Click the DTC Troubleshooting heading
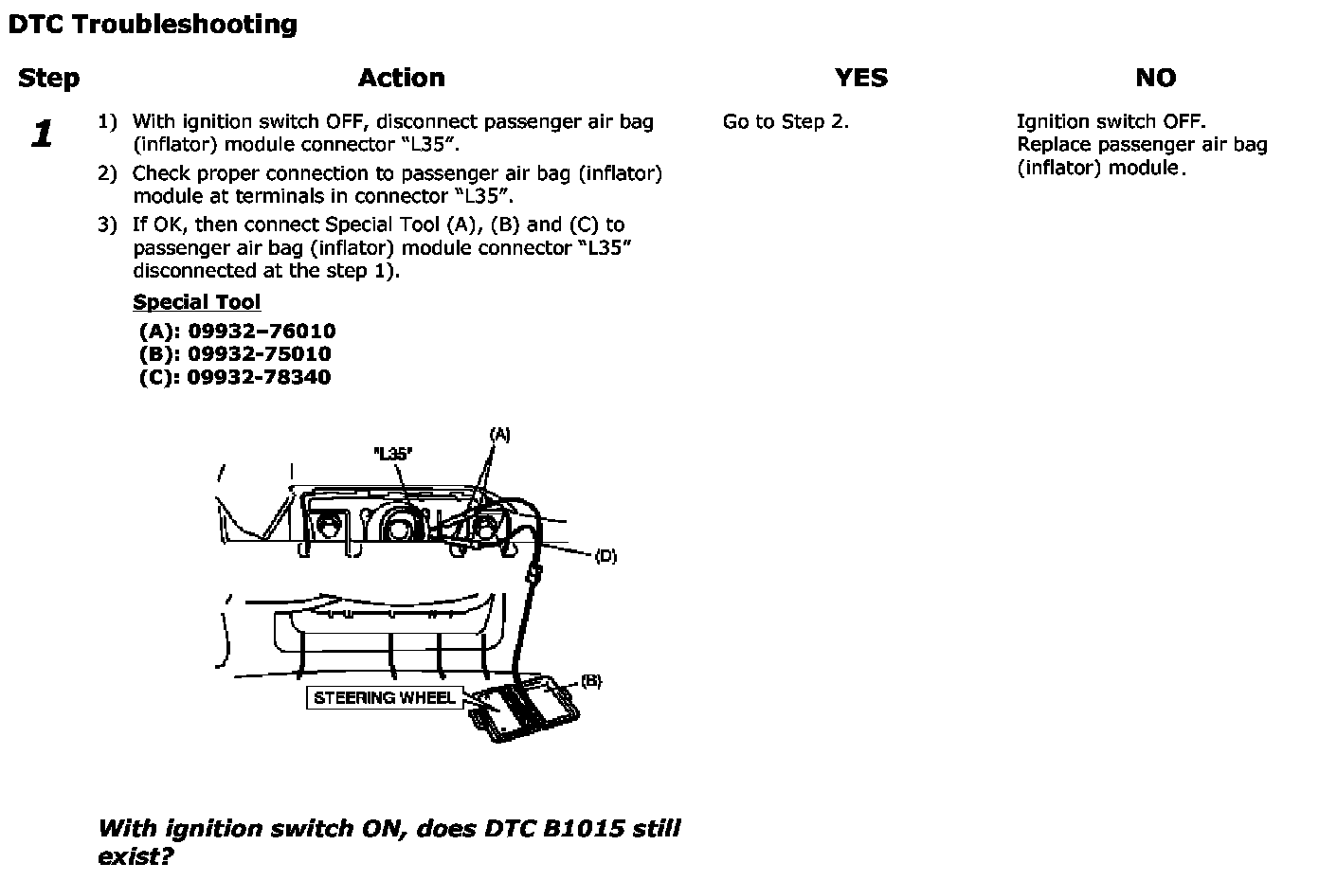152,25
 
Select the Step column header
48,78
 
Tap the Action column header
401,78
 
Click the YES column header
860,78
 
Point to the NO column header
1155,78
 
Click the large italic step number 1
42,134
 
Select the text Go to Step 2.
785,121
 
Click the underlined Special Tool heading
196,302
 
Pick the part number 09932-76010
262,332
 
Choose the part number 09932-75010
260,354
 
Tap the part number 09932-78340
260,377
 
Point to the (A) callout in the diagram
499,435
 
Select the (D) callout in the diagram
605,556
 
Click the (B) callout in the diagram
590,681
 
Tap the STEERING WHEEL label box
384,698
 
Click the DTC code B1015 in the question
584,829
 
